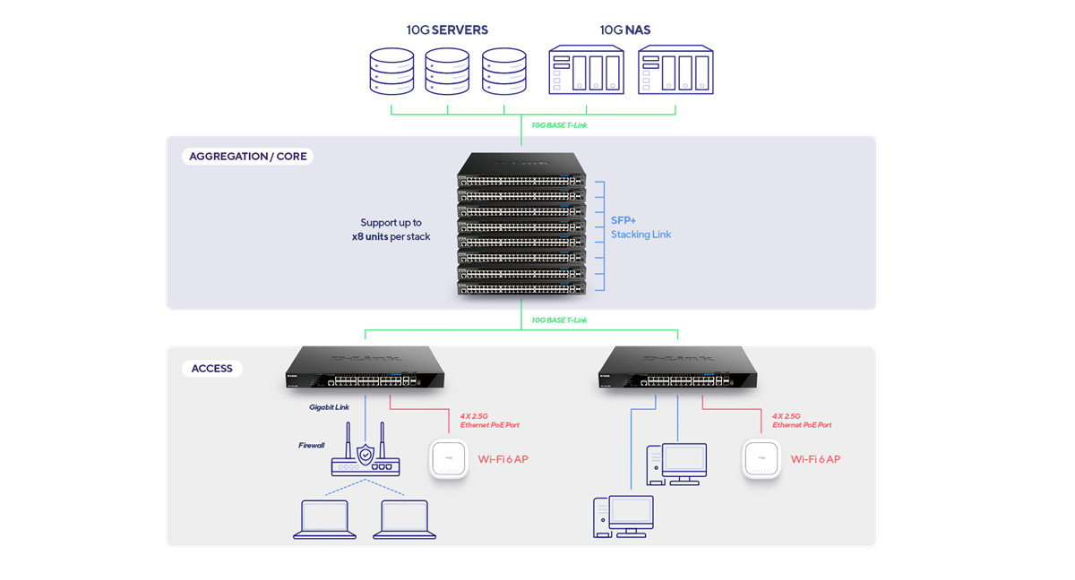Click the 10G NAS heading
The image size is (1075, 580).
[625, 30]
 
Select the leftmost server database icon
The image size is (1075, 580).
[391, 73]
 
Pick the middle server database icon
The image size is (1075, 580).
[447, 73]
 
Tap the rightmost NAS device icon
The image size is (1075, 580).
[676, 71]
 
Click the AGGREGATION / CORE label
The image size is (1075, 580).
[248, 157]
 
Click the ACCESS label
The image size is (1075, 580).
[212, 369]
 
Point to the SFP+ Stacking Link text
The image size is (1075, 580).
[641, 226]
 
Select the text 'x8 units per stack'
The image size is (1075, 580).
[391, 236]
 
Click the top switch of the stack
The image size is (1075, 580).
[521, 168]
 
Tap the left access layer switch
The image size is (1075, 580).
[365, 370]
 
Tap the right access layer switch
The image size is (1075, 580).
[678, 370]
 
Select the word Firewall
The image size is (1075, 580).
[311, 445]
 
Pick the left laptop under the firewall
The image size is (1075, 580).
[321, 519]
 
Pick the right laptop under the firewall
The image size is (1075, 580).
[405, 519]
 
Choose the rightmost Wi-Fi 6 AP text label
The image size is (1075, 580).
[815, 459]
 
